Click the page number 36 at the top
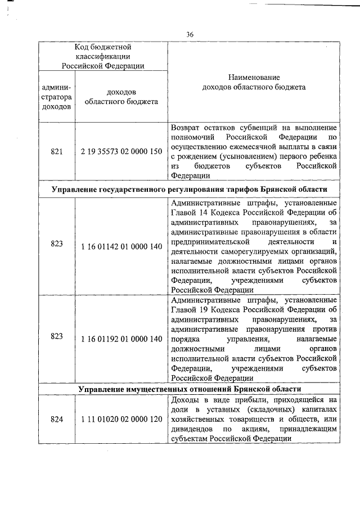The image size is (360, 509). [190, 35]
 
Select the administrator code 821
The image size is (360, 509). [56, 151]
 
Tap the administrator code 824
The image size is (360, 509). [56, 420]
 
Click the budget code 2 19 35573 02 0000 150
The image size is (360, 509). [121, 151]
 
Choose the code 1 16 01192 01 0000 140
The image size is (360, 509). [121, 338]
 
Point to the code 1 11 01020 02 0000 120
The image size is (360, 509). [121, 420]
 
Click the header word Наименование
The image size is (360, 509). [254, 76]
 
